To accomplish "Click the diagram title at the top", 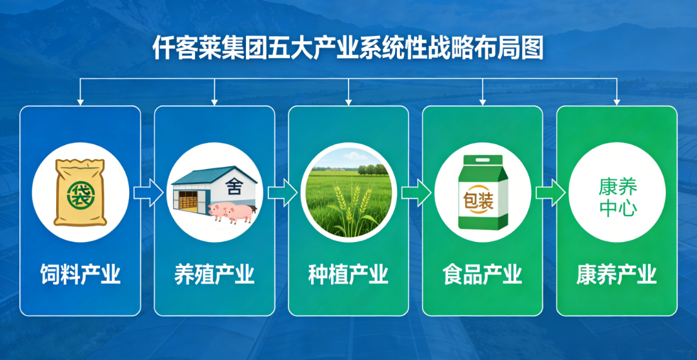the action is tap(348, 48).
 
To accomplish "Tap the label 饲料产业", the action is tap(81, 274).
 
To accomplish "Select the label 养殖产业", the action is tap(214, 274).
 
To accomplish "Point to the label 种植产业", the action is tap(348, 274).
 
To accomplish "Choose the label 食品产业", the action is tap(483, 274).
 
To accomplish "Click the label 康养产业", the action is tap(617, 274).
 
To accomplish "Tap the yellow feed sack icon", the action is tap(80, 192).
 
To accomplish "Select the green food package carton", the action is tap(483, 192).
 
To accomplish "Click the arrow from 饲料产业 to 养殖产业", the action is tap(148, 192).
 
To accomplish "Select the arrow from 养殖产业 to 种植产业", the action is tap(282, 192).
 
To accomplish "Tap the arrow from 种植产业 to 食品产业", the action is tap(416, 192).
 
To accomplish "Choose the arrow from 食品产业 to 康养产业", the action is tap(551, 192).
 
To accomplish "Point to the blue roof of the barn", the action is tap(214, 175).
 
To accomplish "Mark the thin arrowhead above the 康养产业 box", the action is tap(617, 102).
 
